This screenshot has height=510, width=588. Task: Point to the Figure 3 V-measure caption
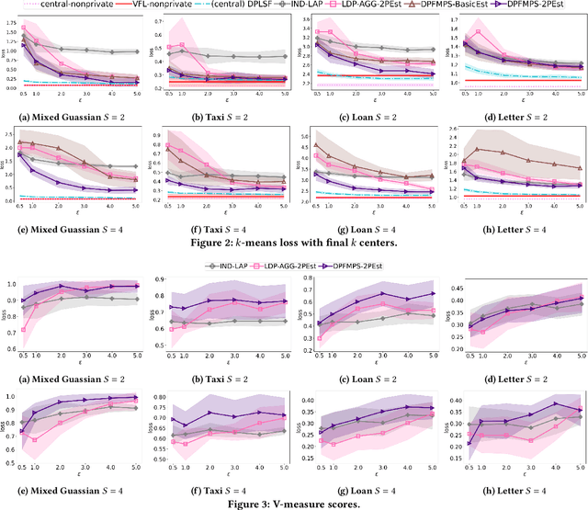coord(293,503)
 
